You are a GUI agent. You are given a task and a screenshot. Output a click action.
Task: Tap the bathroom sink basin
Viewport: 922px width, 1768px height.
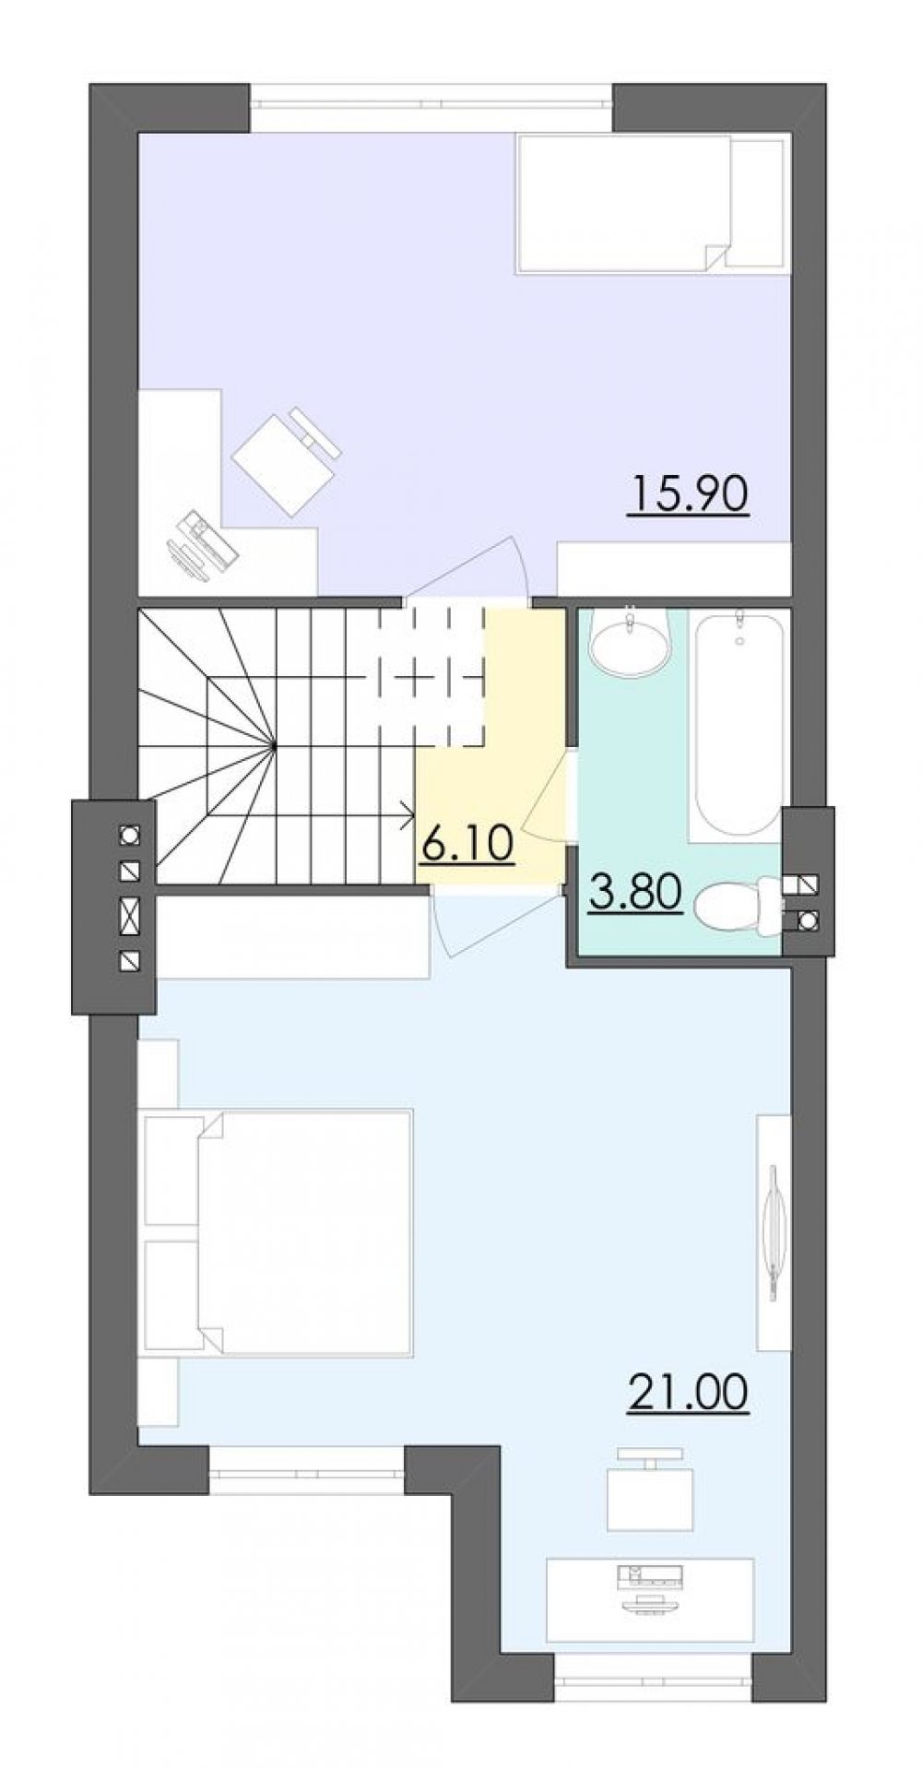coord(631,641)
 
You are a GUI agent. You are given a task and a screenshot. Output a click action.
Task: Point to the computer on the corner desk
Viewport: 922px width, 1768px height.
coord(202,546)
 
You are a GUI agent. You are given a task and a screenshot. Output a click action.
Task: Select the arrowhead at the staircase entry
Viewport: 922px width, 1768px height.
coord(407,813)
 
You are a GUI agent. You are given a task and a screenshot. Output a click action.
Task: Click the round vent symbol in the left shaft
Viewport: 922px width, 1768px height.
coord(130,835)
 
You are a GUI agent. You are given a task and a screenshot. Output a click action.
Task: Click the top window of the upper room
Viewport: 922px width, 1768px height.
coord(431,109)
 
